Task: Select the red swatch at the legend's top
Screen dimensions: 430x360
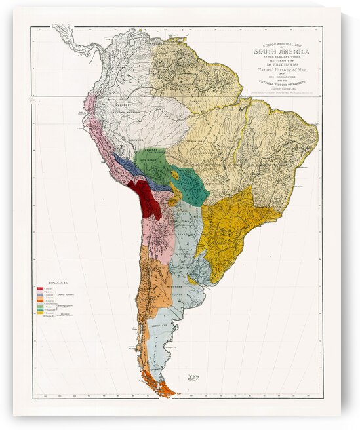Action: click(x=41, y=288)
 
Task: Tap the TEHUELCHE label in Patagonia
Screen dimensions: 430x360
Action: click(x=161, y=326)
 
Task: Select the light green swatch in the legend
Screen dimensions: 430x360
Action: click(x=41, y=305)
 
